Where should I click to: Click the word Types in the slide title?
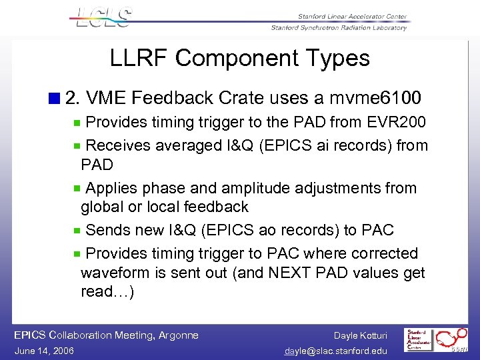339,58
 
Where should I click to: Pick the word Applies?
111,189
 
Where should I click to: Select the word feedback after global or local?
217,207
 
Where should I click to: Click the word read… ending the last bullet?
107,291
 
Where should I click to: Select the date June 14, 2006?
43,351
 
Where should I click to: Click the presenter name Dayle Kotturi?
360,335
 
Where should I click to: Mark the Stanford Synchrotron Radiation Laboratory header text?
339,27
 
